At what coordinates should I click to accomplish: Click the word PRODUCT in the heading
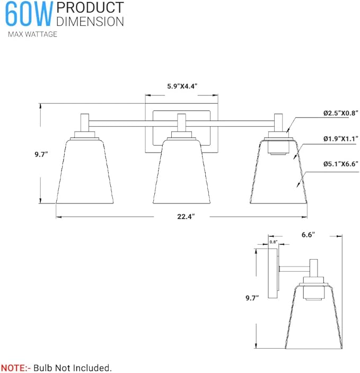[x=90, y=8]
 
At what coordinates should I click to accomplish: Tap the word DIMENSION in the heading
[x=90, y=21]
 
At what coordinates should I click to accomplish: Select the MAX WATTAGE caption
[x=32, y=34]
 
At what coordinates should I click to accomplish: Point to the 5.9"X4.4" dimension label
[x=182, y=86]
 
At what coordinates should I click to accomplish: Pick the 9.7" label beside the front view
[x=40, y=154]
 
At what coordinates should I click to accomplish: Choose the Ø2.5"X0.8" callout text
[x=341, y=113]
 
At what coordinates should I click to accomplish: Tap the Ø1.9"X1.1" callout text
[x=341, y=138]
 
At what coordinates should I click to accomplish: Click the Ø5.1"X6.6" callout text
[x=341, y=164]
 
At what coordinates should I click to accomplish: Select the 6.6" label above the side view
[x=308, y=234]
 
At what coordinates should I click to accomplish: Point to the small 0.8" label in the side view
[x=274, y=242]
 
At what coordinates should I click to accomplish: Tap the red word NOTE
[x=15, y=367]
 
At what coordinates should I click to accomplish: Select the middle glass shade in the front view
[x=182, y=172]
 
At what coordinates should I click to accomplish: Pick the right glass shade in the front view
[x=279, y=175]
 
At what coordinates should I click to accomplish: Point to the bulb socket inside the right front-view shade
[x=279, y=147]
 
